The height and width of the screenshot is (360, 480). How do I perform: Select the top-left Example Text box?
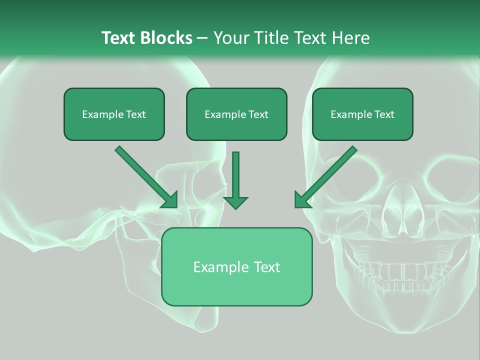pyautogui.click(x=114, y=114)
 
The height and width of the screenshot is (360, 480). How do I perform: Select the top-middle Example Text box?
pyautogui.click(x=236, y=114)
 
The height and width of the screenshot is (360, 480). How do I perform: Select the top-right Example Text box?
pyautogui.click(x=362, y=114)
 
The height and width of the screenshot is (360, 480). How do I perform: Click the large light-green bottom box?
pyautogui.click(x=236, y=266)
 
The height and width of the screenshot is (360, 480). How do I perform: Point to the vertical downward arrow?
pyautogui.click(x=235, y=177)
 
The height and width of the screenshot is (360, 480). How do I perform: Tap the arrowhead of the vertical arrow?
pyautogui.click(x=235, y=202)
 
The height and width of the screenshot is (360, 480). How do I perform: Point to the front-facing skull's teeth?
pyautogui.click(x=400, y=272)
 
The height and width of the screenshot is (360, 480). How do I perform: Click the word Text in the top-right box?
pyautogui.click(x=384, y=114)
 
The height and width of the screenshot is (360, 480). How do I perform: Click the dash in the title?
pyautogui.click(x=202, y=38)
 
